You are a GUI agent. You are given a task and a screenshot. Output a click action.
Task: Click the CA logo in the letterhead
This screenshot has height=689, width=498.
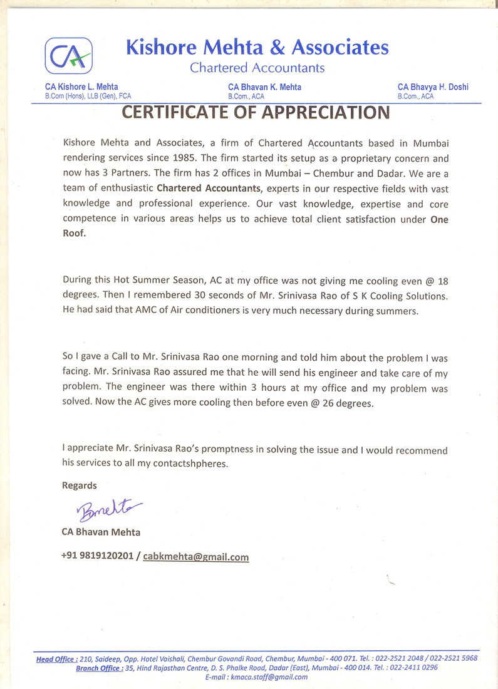(68, 56)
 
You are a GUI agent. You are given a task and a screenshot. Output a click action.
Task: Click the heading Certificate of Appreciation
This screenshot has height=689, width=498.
(255, 113)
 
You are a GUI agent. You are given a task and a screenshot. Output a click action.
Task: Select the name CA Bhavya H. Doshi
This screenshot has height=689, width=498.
(433, 87)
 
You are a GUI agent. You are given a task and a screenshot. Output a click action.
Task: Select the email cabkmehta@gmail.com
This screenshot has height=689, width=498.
(196, 556)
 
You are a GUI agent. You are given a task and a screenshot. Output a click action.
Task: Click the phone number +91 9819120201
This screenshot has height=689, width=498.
(97, 556)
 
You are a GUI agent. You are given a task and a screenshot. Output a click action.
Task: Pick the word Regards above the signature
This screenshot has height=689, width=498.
(80, 485)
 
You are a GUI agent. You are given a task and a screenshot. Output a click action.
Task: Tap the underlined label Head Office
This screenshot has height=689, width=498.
(56, 658)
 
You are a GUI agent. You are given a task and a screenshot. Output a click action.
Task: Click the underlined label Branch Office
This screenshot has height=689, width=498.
(98, 668)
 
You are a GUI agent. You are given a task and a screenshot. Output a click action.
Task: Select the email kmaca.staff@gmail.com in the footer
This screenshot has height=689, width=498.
(269, 677)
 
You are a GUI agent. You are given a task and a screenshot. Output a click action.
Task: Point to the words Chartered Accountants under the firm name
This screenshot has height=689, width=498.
(257, 67)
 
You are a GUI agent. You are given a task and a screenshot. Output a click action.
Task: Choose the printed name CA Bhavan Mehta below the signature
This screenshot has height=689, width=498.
(101, 532)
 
